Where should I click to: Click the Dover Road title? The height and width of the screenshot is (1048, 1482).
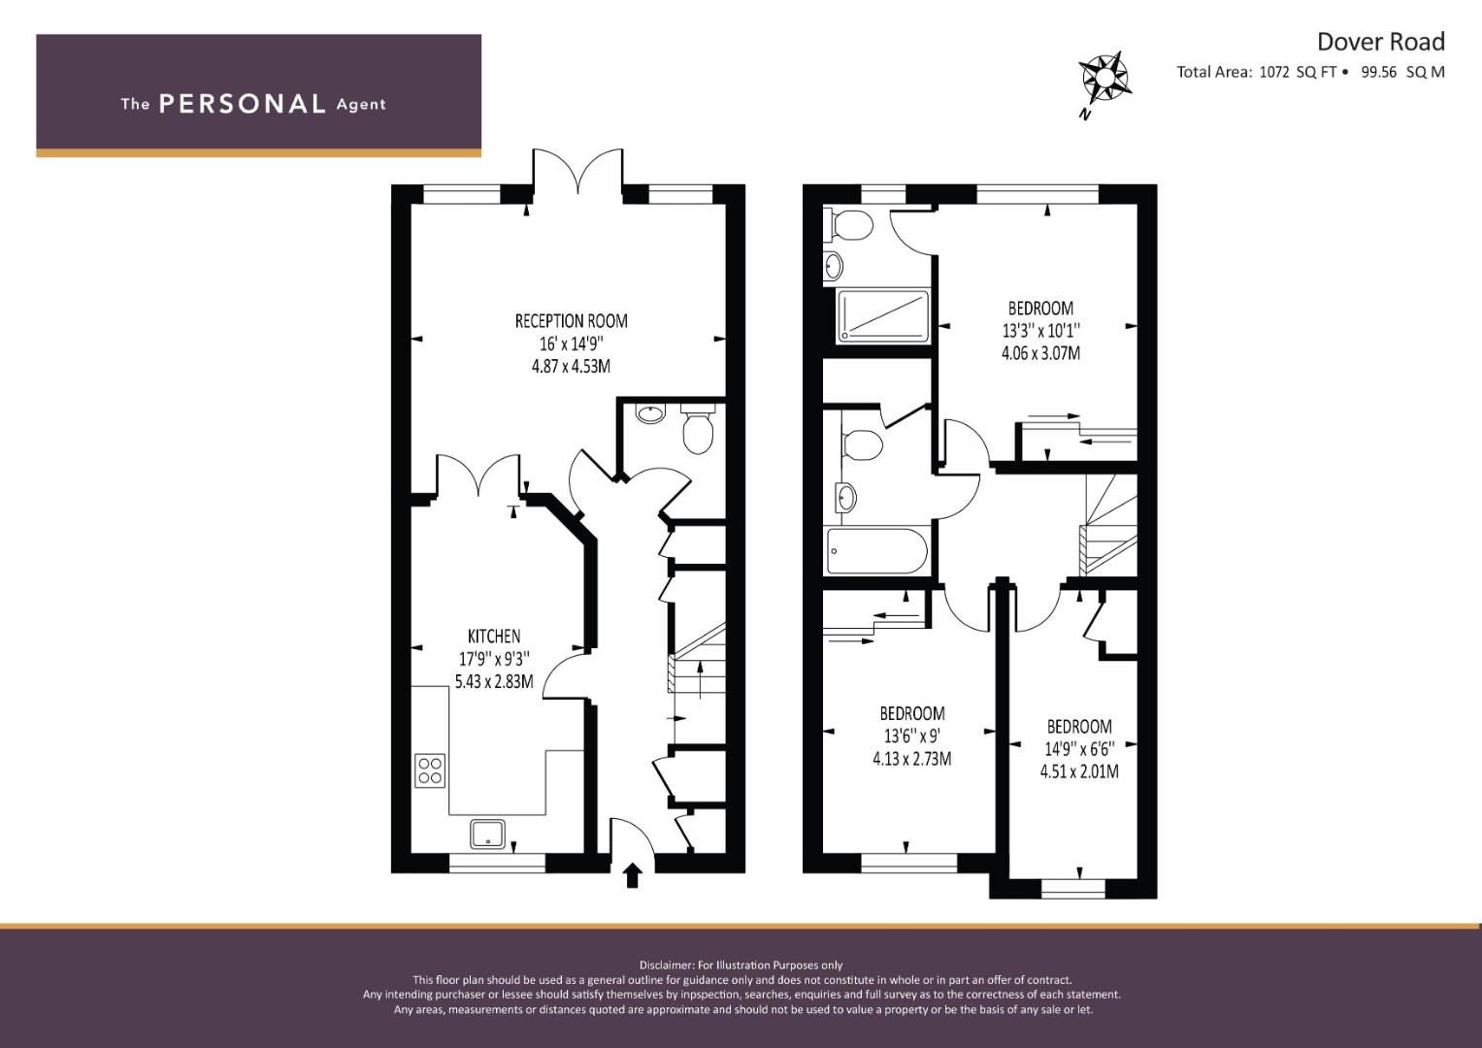1381,42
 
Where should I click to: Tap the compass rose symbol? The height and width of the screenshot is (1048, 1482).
1103,79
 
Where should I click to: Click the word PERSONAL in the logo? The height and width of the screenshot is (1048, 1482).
243,104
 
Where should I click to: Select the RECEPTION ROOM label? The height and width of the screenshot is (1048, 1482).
572,321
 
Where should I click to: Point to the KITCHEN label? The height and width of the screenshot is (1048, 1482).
494,636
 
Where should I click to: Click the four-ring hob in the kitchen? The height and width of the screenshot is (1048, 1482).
430,770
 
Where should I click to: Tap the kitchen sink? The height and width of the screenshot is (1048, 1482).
487,835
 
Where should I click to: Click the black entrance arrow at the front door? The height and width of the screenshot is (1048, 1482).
633,874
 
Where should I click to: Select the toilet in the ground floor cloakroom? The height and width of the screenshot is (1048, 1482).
698,430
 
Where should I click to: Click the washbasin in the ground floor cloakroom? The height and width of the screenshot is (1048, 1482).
650,414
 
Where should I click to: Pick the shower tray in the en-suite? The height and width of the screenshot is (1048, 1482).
883,316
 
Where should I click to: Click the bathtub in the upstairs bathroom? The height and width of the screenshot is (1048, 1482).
877,551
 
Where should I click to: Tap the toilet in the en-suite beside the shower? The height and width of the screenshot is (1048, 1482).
849,224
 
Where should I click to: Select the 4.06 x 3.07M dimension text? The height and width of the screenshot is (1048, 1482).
1040,352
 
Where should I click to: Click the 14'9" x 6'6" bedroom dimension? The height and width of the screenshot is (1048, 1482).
1080,748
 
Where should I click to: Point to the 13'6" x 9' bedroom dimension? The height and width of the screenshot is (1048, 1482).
912,736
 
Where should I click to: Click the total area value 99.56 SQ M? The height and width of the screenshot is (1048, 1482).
1402,72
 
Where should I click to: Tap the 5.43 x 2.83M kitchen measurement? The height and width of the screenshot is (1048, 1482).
494,681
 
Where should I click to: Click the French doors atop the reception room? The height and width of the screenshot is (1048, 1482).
577,172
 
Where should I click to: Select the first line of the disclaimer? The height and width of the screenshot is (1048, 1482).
741,966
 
